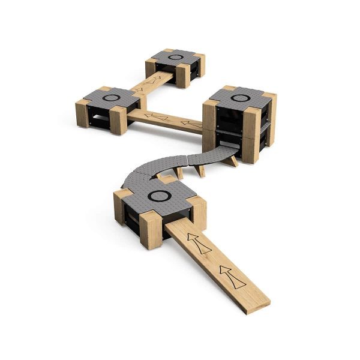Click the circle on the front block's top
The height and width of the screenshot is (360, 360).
(160, 196)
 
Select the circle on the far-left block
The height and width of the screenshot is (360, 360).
(110, 97)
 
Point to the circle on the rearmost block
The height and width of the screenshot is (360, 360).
(175, 58)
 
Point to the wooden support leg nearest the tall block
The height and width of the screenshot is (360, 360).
(232, 161)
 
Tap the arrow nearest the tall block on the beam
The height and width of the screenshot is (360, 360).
(191, 125)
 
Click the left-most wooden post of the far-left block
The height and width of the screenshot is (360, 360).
(82, 113)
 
